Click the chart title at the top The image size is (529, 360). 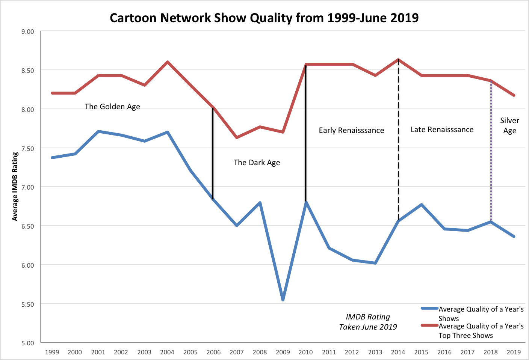point(264,18)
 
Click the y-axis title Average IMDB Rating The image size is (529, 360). point(15,187)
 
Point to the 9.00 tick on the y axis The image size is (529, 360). point(27,32)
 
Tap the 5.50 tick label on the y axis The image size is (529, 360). point(27,304)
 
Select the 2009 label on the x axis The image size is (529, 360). point(283,352)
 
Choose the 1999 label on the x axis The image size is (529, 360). point(52,352)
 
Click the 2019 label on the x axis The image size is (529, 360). point(514,352)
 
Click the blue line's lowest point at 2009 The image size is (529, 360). point(283,300)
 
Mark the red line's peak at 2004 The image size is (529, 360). point(168,62)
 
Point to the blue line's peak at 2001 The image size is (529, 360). point(98,131)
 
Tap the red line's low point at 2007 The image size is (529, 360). point(237,137)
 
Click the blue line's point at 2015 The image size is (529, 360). point(422,205)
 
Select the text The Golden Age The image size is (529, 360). point(112,107)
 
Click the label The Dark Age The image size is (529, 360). point(257,163)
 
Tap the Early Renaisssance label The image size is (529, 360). point(351,130)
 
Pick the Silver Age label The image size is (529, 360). point(509,125)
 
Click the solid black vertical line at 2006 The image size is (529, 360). point(213,154)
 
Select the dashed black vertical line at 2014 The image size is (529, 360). point(399,143)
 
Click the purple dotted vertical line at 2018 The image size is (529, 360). point(491,150)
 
